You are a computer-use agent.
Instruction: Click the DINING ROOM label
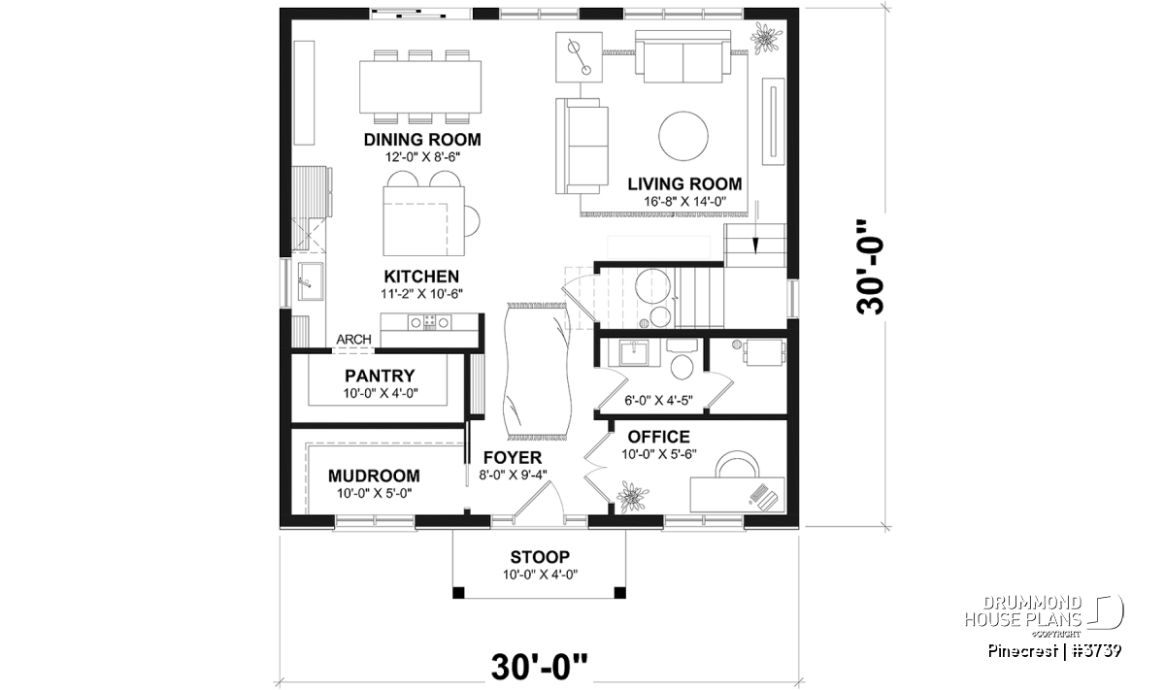click(x=421, y=140)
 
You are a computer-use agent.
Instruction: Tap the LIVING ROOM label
click(x=684, y=183)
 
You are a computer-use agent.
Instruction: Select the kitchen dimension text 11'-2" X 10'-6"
click(x=421, y=294)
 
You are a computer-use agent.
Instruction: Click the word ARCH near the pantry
click(x=353, y=339)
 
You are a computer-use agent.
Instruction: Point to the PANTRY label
click(x=380, y=376)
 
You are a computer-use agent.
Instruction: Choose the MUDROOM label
click(x=374, y=476)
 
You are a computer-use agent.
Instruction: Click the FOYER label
click(x=513, y=457)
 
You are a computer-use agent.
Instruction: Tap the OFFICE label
click(x=658, y=437)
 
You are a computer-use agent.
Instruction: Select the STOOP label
click(x=540, y=557)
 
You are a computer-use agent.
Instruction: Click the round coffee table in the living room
click(x=682, y=136)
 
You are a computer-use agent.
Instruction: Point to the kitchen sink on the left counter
click(x=310, y=281)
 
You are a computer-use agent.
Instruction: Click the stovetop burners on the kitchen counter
click(x=429, y=322)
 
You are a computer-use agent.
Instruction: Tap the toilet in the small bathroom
click(x=682, y=360)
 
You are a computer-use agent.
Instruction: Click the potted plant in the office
click(x=632, y=496)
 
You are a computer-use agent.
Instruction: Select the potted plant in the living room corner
click(x=766, y=38)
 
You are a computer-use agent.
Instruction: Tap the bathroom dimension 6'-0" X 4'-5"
click(x=658, y=401)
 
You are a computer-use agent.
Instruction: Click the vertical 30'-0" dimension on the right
click(x=870, y=274)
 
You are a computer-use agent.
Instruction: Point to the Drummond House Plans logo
click(x=1044, y=619)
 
